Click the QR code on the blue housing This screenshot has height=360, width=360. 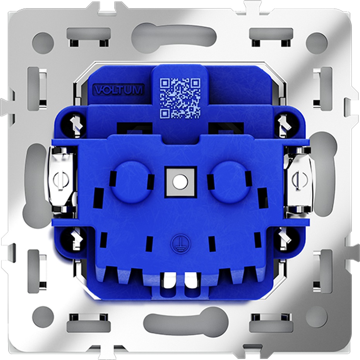[180, 98]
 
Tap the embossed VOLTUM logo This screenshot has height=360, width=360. [118, 89]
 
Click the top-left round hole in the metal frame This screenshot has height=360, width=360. [43, 43]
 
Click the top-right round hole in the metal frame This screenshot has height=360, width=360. [317, 43]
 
